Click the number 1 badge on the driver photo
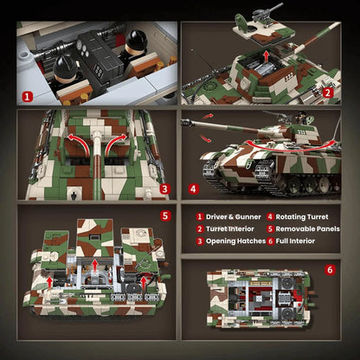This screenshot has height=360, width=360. click(27, 97)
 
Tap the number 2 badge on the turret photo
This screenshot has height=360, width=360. click(327, 92)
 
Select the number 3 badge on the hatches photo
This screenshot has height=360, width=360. click(164, 186)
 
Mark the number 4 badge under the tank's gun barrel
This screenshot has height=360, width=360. click(194, 186)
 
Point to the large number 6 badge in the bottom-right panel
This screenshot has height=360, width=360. click(329, 269)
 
